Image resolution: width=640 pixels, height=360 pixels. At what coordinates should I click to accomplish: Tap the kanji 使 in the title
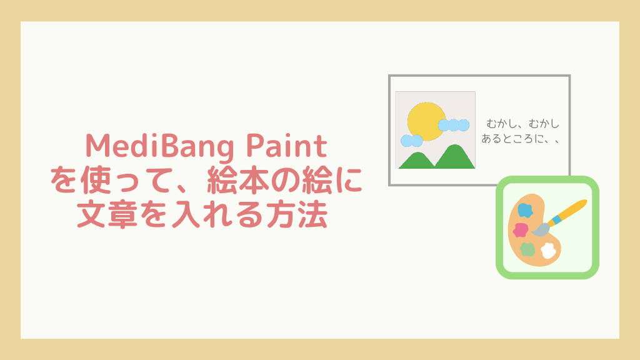(x=96, y=180)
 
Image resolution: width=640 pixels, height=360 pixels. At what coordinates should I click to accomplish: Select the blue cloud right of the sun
(x=454, y=125)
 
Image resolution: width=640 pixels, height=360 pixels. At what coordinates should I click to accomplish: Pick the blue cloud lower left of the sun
(x=411, y=141)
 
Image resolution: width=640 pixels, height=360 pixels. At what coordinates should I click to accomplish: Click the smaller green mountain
(x=417, y=161)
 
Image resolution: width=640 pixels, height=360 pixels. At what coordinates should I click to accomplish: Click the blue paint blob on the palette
(x=525, y=210)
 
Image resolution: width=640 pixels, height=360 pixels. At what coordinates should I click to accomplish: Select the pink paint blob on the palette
(x=521, y=230)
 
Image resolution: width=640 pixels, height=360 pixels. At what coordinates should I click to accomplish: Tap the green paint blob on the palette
(x=527, y=249)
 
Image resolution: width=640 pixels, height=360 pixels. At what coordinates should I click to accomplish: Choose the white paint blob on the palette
(x=548, y=251)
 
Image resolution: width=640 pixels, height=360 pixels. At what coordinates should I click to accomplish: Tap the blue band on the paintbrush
(x=556, y=221)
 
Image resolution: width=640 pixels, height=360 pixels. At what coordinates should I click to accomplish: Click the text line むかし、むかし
(x=523, y=124)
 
